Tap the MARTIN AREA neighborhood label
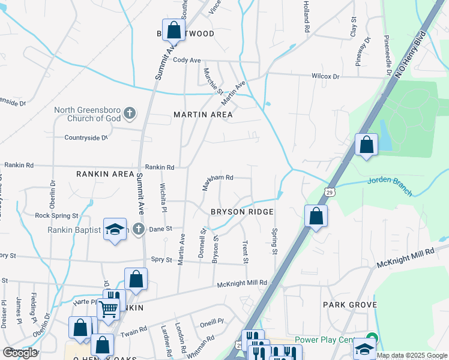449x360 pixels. tap(203, 115)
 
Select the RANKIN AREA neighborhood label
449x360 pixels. tap(105, 174)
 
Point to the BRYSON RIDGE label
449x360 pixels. tap(242, 212)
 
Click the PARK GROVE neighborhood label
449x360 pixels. tap(350, 305)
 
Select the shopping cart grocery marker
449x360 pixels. tap(109, 310)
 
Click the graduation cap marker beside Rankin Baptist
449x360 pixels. tap(115, 229)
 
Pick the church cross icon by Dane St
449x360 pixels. tap(139, 229)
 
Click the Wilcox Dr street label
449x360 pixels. tap(325, 76)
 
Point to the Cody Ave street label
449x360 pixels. tap(186, 61)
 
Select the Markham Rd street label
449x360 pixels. tap(217, 178)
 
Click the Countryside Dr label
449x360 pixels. tap(85, 137)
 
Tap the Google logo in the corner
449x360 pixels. tap(20, 353)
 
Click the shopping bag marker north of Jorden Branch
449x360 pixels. tap(366, 145)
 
